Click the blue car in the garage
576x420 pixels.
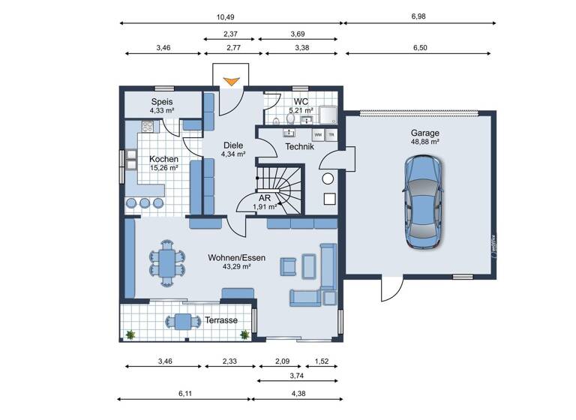422,202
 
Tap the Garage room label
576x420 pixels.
424,133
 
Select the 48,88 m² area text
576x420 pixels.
424,142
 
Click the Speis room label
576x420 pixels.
162,102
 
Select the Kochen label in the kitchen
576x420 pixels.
163,159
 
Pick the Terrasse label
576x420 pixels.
221,320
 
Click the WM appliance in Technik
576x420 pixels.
318,135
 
